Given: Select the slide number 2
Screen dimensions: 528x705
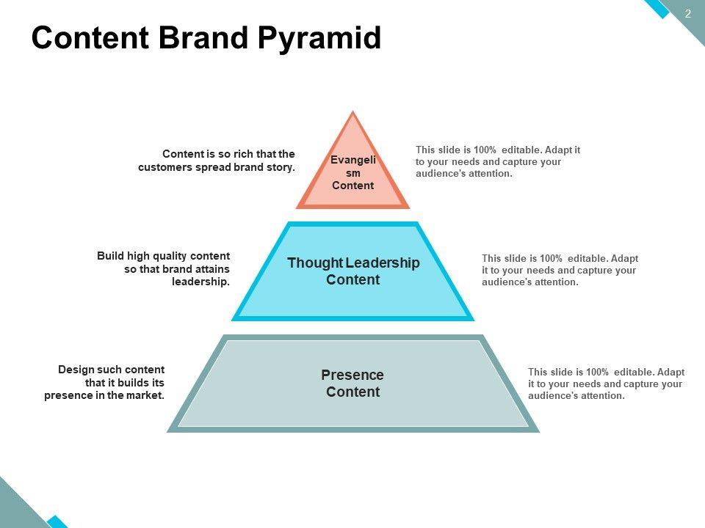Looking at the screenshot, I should coord(688,13).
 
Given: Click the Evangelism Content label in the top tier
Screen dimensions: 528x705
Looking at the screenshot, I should coord(353,173).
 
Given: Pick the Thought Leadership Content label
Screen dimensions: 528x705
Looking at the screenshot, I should coord(353,271).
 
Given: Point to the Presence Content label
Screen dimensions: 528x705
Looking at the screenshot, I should coord(352,383).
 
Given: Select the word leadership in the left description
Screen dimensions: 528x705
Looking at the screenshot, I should coord(200,282).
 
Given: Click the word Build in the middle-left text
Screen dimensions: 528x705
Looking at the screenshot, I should coord(110,256).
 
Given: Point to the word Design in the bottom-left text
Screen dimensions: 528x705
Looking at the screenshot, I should coord(75,370).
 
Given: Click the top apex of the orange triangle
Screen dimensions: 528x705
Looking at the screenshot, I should coord(353,113).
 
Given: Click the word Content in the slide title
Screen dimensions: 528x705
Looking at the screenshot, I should coord(90,38).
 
